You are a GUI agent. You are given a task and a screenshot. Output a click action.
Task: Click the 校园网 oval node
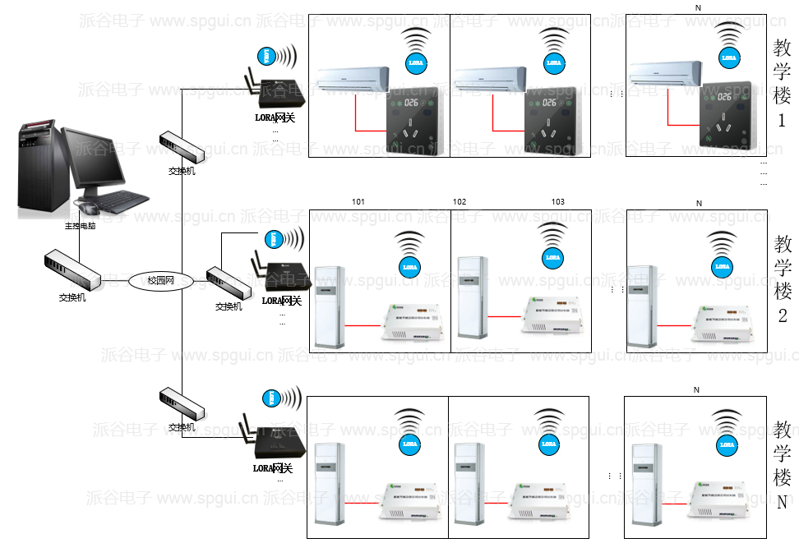[x=160, y=281]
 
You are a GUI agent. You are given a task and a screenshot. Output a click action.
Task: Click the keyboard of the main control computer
[x=122, y=200]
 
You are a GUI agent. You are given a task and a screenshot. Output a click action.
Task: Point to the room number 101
[x=358, y=202]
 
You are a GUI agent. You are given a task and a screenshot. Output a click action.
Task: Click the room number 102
[x=460, y=202]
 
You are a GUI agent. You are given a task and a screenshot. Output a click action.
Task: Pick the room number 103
[x=558, y=202]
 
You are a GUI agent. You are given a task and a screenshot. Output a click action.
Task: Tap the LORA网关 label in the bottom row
[x=274, y=468]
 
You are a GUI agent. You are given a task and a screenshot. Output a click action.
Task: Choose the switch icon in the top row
[x=182, y=147]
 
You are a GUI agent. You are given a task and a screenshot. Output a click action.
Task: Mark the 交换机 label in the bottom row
[x=182, y=427]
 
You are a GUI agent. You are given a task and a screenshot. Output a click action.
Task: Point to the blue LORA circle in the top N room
[x=728, y=58]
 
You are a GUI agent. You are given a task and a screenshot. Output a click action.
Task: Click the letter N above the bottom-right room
[x=695, y=389]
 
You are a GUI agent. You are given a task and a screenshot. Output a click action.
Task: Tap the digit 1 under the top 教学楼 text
[x=782, y=121]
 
